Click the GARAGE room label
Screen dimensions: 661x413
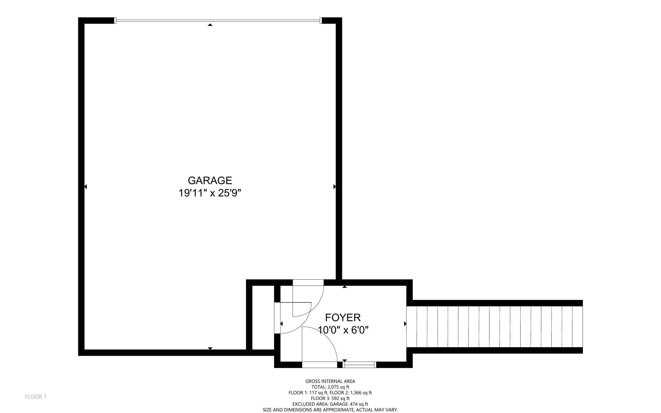(210, 180)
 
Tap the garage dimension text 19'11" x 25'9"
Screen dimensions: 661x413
(210, 193)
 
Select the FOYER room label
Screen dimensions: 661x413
(343, 317)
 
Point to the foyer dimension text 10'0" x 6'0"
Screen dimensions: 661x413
(343, 330)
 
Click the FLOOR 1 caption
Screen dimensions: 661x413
(36, 397)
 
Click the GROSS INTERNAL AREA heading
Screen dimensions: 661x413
(330, 381)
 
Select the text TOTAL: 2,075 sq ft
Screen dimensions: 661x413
(330, 387)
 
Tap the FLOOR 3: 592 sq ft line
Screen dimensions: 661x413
(330, 398)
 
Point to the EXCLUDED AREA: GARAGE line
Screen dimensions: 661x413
(330, 404)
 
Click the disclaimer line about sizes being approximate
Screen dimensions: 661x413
(330, 410)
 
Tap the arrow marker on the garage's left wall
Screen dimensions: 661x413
(85, 187)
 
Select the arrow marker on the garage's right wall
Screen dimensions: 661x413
(334, 187)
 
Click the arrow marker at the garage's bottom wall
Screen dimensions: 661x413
(210, 348)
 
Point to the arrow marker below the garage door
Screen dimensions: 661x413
(210, 25)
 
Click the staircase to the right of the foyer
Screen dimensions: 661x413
(494, 327)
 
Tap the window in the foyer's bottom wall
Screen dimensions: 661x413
(359, 365)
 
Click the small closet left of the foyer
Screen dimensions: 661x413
(263, 317)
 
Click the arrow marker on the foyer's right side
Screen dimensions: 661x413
(405, 324)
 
